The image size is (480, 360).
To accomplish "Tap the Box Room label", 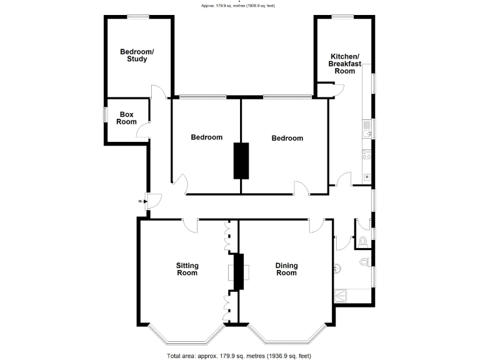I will coord(127,118).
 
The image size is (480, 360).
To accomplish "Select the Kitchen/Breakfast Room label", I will coord(344,64).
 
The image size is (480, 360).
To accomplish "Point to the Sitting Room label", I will coord(187,269).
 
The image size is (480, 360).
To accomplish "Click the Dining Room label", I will coord(286,269).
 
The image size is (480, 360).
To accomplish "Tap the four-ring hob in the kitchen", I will coord(367,154).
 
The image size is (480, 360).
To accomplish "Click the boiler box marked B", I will coord(367,177).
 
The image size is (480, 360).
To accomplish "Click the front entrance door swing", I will coord(154,201).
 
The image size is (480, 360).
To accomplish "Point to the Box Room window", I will coord(105,118).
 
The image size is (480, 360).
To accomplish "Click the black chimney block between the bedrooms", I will coord(241,160).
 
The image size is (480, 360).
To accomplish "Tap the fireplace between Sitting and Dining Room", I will coord(238,272).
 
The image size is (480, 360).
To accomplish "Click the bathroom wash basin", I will coord(338,267).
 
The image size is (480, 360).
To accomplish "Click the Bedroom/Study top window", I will coord(138,17).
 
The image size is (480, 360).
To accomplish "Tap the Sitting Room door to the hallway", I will coord(190,224).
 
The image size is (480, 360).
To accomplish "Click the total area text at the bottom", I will coord(239,356).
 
